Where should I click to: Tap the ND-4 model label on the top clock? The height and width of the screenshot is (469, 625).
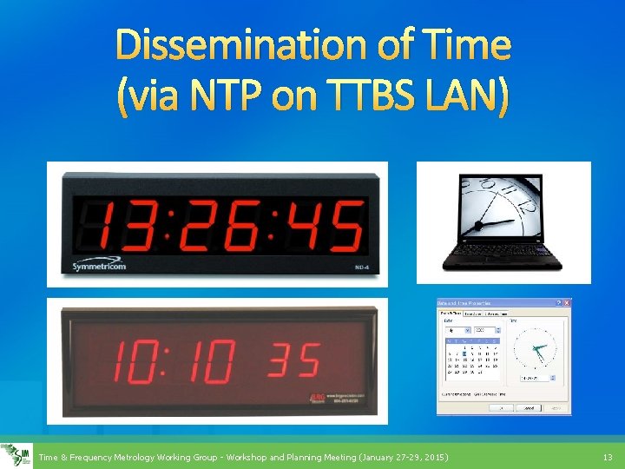coord(352,268)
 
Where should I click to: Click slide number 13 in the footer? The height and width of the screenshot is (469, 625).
coord(607,457)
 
